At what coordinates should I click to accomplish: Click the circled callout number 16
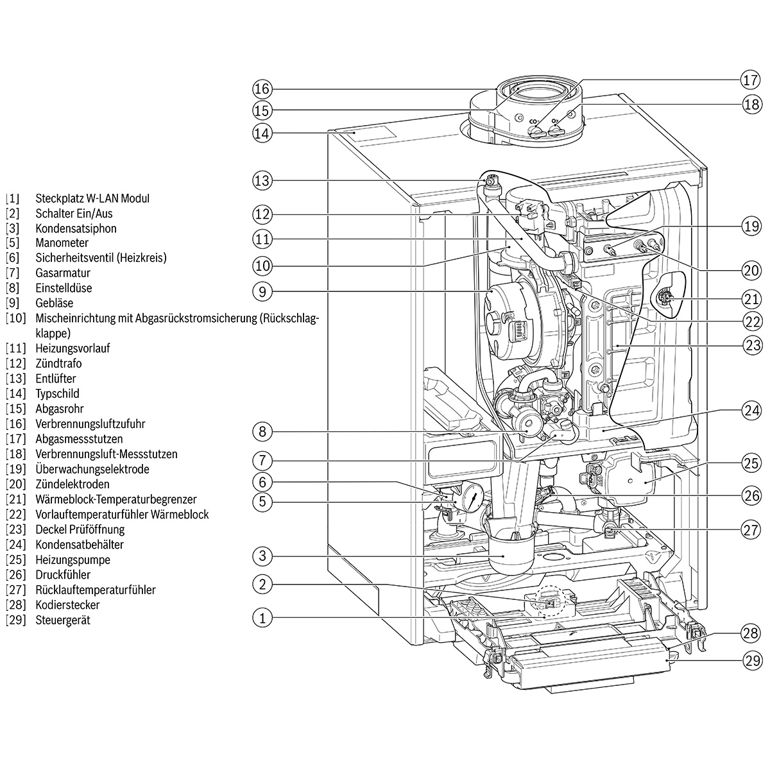point(262,89)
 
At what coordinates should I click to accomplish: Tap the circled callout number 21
point(751,298)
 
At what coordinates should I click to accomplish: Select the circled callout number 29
point(751,660)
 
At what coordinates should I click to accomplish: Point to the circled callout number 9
point(262,292)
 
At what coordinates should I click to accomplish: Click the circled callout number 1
point(262,619)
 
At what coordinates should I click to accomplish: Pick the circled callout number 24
point(751,409)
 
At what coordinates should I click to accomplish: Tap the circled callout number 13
point(262,180)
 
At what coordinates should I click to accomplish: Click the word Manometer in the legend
point(62,243)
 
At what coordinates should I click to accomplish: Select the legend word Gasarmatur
point(63,273)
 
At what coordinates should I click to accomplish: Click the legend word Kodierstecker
point(67,604)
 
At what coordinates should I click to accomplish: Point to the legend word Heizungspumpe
point(73,560)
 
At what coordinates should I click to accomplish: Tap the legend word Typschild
point(57,393)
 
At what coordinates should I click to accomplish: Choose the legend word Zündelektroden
point(73,484)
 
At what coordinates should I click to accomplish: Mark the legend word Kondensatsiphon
point(76,228)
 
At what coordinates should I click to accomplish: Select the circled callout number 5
point(262,501)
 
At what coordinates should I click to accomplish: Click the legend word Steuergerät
point(63,620)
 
